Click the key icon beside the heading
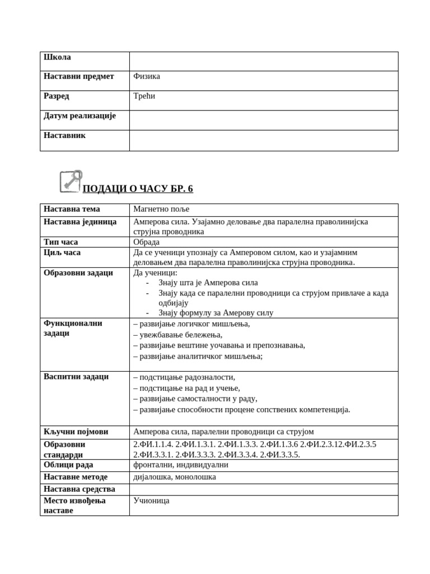pos(71,182)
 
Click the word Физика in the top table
pos(147,76)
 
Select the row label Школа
pos(57,57)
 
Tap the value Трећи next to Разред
pos(144,96)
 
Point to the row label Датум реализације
pos(80,115)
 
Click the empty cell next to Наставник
pos(263,141)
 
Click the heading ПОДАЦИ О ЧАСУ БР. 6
pos(138,189)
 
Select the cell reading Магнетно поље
pos(161,209)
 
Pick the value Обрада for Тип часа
pos(146,242)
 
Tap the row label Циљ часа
pos(62,252)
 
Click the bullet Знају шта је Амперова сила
pos(208,283)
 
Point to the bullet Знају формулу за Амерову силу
pos(216,313)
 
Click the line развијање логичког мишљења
pos(191,323)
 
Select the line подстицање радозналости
pos(184,377)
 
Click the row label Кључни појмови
pos(76,432)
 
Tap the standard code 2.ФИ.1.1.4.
pos(153,445)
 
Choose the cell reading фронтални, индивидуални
pos(181,465)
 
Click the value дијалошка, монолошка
pos(175,477)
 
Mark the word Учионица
pos(151,501)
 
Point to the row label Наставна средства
pos(80,489)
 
